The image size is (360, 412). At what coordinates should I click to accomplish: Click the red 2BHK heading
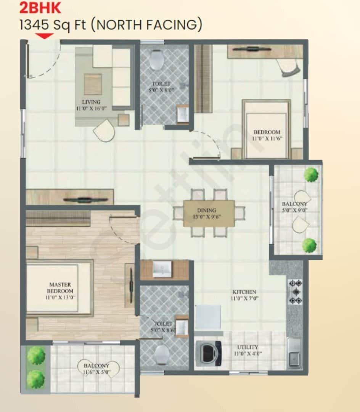[x=40, y=8]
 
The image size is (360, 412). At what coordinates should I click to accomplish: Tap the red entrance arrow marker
[x=45, y=36]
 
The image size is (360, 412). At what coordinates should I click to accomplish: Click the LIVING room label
[x=91, y=102]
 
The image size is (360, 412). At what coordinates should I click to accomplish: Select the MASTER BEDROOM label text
[x=60, y=288]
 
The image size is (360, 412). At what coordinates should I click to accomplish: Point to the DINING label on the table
[x=207, y=210]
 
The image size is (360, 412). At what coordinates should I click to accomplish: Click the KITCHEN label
[x=244, y=292]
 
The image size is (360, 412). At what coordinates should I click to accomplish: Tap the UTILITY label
[x=247, y=347]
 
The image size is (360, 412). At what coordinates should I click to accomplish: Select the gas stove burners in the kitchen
[x=296, y=292]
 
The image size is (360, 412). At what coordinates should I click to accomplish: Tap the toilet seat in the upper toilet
[x=157, y=60]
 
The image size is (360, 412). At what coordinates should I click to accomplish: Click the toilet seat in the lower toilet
[x=162, y=354]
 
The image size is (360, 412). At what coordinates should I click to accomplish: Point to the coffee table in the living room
[x=93, y=84]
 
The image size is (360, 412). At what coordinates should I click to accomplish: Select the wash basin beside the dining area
[x=162, y=269]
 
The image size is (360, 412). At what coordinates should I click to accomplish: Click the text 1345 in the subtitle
[x=34, y=25]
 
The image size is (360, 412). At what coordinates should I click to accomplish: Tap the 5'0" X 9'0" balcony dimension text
[x=295, y=210]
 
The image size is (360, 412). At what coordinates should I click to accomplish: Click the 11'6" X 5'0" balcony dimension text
[x=96, y=372]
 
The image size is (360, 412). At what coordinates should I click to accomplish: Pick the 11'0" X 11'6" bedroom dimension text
[x=267, y=138]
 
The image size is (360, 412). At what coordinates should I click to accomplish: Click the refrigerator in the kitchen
[x=208, y=317]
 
